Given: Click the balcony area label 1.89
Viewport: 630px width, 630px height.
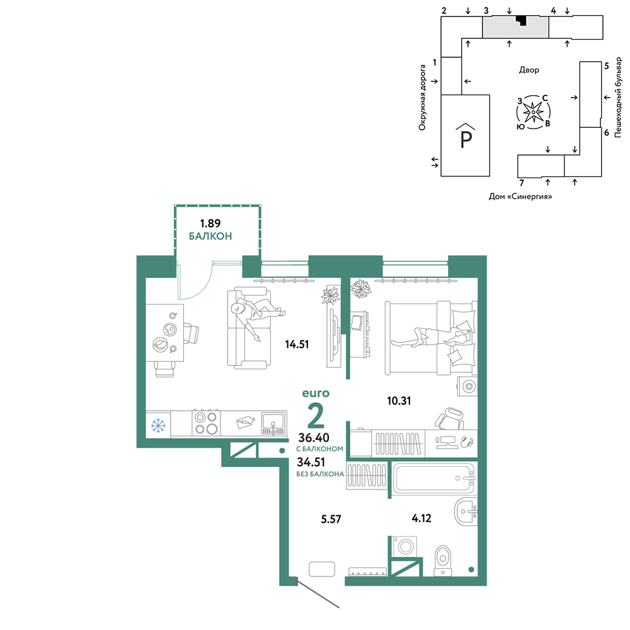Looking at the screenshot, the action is click(x=210, y=223).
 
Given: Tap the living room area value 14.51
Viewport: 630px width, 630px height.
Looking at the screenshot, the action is click(x=297, y=345).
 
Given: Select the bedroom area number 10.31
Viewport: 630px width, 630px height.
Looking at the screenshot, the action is click(x=399, y=401).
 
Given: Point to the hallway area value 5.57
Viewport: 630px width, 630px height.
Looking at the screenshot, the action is click(x=331, y=519).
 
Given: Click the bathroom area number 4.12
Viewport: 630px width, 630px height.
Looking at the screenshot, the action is click(x=421, y=518).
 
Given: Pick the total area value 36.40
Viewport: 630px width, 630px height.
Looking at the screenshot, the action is click(x=314, y=438).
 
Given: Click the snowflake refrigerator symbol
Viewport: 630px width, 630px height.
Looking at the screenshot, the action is click(x=158, y=425).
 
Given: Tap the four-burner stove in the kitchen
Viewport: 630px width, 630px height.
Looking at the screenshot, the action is click(x=207, y=423).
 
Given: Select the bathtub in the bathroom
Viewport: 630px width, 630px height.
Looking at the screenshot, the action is click(x=434, y=478).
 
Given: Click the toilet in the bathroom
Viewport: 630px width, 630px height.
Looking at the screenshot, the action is click(x=443, y=561).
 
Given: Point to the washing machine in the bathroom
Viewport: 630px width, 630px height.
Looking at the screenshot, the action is click(x=406, y=546).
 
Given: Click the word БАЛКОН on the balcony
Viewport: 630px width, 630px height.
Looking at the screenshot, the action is click(x=210, y=236).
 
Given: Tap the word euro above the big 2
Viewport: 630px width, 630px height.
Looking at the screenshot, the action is click(x=316, y=393).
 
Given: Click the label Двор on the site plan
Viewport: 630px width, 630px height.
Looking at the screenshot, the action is click(x=529, y=70).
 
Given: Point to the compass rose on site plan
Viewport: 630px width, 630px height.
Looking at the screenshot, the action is click(x=533, y=112).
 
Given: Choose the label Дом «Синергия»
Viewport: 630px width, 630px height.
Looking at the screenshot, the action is click(x=520, y=197).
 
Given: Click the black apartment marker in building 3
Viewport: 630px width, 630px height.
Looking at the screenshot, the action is click(x=522, y=20).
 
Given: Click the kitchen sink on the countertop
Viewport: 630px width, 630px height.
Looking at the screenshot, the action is click(x=274, y=423).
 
